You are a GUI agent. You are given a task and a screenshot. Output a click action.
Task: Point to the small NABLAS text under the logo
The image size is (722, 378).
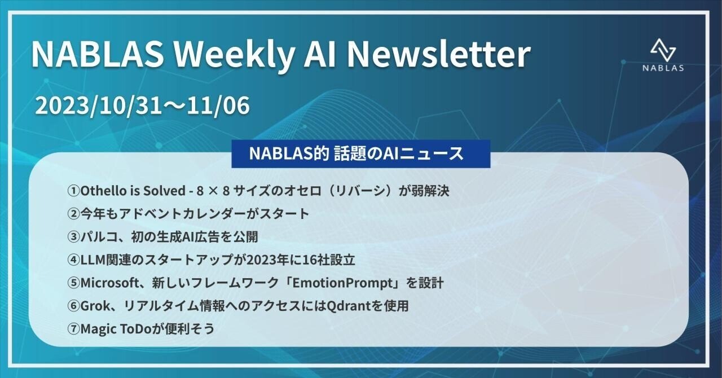663,68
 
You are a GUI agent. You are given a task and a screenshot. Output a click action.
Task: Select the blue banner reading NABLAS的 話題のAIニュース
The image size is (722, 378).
360,154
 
